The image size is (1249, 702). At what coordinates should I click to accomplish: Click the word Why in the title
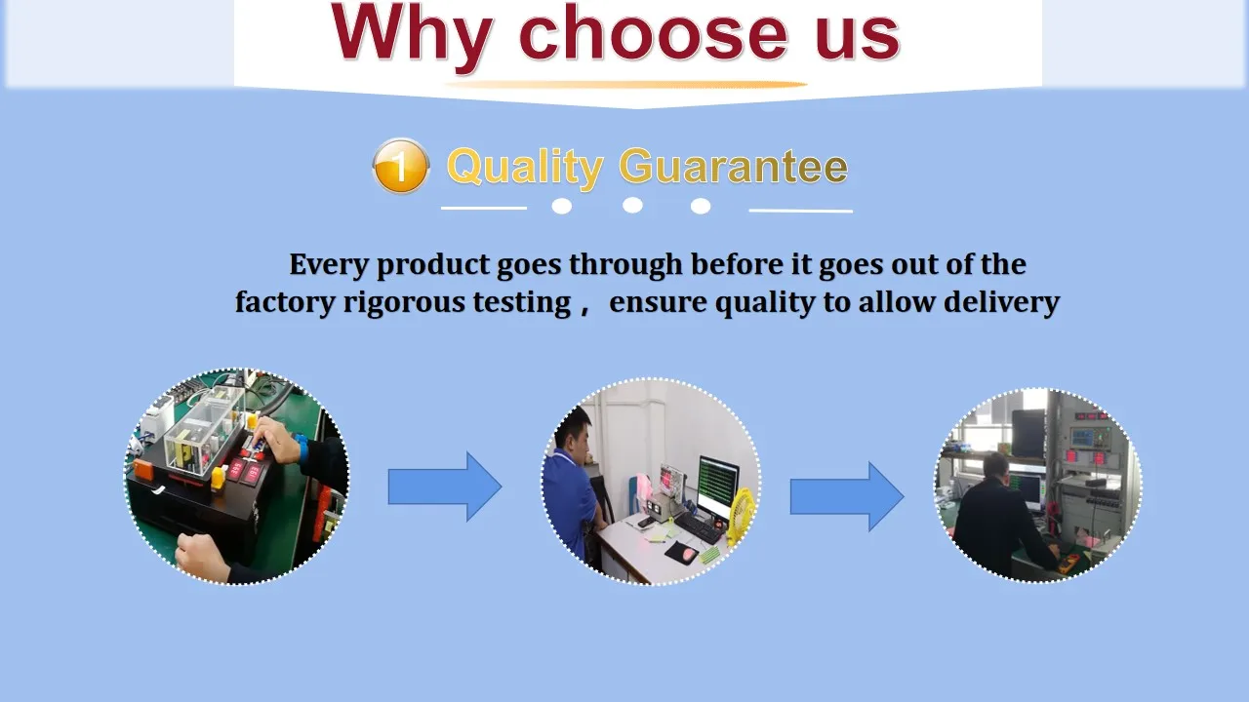[412, 36]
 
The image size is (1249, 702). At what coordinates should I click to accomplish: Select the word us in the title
[858, 38]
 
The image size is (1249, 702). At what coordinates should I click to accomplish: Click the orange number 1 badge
[401, 166]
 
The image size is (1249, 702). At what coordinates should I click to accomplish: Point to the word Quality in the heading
[525, 167]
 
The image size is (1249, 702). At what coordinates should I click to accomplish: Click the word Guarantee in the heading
[733, 166]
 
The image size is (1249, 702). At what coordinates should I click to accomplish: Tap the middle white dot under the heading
[632, 206]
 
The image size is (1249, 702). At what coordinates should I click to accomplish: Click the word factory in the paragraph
[285, 303]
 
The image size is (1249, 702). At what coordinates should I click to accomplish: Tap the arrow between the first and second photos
[445, 487]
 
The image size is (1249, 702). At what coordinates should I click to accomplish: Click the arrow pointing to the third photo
[847, 496]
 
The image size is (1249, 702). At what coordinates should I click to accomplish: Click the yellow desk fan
[740, 516]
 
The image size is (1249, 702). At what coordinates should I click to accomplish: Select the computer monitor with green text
[718, 486]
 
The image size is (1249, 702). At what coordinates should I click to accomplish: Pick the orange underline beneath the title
[626, 85]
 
